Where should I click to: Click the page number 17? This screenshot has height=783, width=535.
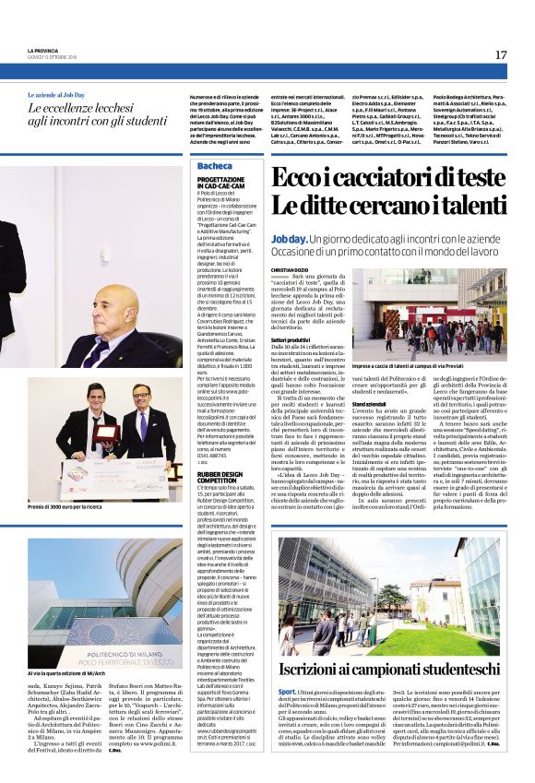pos(501,55)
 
